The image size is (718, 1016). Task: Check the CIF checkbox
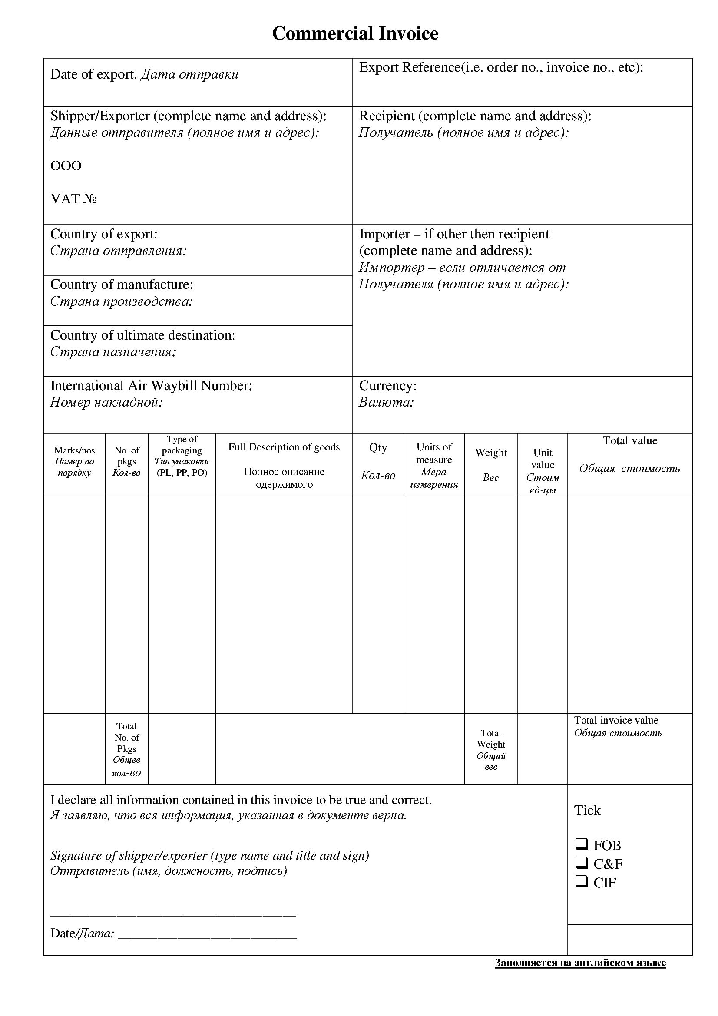coord(581,881)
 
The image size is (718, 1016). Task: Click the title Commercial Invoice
coord(355,33)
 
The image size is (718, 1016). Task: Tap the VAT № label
coord(73,199)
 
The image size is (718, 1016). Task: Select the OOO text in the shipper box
coord(66,166)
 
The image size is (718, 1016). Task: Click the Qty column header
coord(378,447)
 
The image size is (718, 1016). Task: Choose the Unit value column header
coord(543,459)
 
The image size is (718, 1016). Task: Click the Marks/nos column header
coord(74,450)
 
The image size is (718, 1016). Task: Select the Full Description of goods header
coord(284,447)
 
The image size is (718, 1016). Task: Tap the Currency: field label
coord(387,386)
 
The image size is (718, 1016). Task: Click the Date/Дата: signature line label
coord(82,933)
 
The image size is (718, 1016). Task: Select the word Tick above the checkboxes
coord(587,810)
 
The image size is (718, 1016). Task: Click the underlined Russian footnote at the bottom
coord(580,963)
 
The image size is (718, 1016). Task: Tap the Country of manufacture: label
coord(122,285)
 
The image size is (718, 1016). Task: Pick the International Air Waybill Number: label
coord(151,386)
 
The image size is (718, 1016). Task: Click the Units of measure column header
coord(434,453)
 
